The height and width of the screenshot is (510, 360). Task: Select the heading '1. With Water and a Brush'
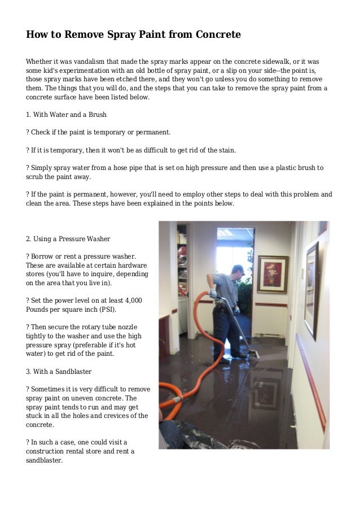click(x=66, y=115)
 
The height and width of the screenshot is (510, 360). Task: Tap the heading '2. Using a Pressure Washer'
click(x=68, y=239)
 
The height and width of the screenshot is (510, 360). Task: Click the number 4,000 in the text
click(x=131, y=300)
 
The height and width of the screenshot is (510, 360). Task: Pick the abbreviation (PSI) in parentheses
click(x=108, y=310)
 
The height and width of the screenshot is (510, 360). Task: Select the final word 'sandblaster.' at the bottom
click(x=44, y=460)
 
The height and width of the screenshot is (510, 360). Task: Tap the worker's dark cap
click(x=238, y=268)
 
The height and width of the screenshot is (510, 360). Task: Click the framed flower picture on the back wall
click(x=272, y=274)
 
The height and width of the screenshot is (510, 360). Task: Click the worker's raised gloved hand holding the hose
click(x=213, y=294)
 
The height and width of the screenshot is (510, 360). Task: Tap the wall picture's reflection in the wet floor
click(x=266, y=394)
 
